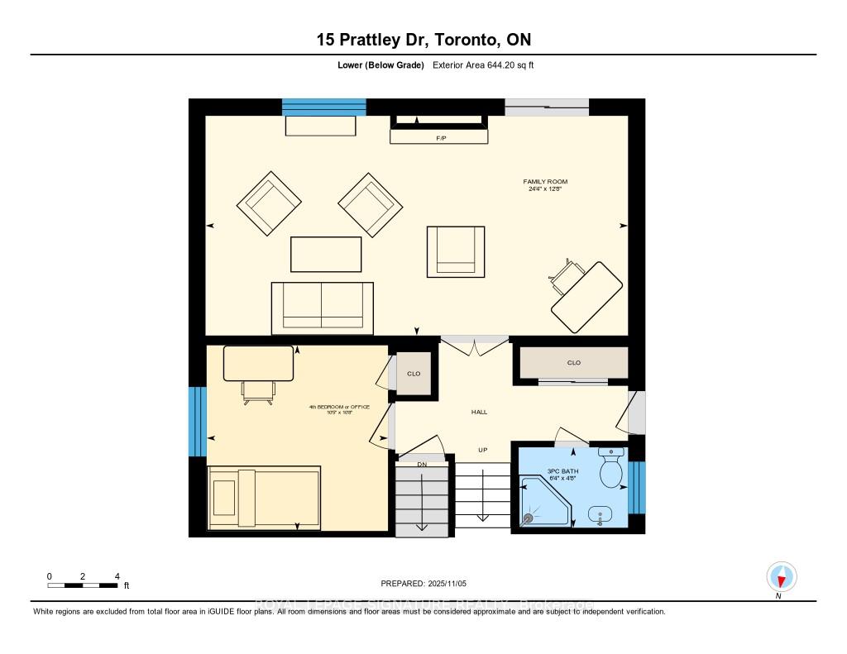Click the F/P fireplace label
point(441,138)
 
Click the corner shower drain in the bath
point(528,518)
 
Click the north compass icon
point(780,576)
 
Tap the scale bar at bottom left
point(83,585)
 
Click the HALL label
point(480,411)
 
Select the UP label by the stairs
point(483,450)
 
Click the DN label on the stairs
point(421,465)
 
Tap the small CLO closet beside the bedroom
point(414,374)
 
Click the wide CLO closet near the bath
point(573,362)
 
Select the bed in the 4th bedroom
point(264,497)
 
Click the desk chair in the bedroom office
point(259,394)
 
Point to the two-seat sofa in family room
point(322,308)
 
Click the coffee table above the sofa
point(326,254)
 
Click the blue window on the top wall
point(323,107)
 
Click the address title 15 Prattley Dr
point(423,40)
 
